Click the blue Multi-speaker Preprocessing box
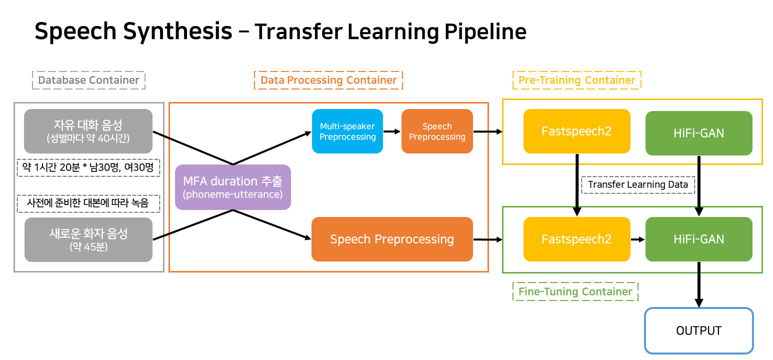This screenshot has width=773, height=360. [347, 131]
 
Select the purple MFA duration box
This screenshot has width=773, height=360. [233, 187]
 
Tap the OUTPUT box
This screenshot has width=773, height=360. [698, 330]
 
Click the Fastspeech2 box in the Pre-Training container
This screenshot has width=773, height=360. [576, 131]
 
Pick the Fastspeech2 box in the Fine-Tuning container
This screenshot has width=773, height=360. [576, 239]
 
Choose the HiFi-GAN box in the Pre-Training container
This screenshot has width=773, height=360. [698, 133]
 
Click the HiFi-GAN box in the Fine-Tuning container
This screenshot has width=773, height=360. [698, 239]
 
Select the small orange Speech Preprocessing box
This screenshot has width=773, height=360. [437, 131]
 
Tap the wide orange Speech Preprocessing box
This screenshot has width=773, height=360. [392, 239]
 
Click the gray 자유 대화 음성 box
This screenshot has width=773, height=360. [88, 131]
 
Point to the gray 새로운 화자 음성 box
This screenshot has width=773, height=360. [88, 239]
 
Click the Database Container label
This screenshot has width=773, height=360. [88, 80]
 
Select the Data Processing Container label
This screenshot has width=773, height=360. [328, 80]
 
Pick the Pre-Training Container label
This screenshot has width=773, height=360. [576, 80]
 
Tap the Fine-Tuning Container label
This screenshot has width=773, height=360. [575, 291]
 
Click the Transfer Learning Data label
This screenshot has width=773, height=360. [638, 184]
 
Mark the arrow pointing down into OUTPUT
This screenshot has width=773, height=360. [699, 285]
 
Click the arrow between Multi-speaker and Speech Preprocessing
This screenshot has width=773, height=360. [392, 131]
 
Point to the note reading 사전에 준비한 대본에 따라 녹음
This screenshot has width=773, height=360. [88, 203]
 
